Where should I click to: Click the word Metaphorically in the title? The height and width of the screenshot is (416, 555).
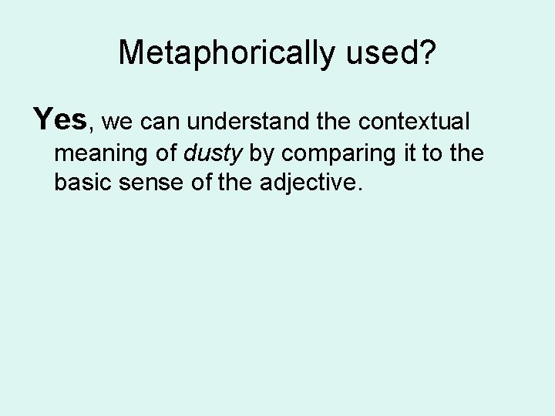(226, 52)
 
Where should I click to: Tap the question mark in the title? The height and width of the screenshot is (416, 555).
(428, 52)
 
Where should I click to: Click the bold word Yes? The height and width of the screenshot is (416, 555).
(60, 119)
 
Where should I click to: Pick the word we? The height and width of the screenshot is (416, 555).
(115, 122)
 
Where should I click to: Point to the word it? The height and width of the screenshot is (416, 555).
(409, 153)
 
